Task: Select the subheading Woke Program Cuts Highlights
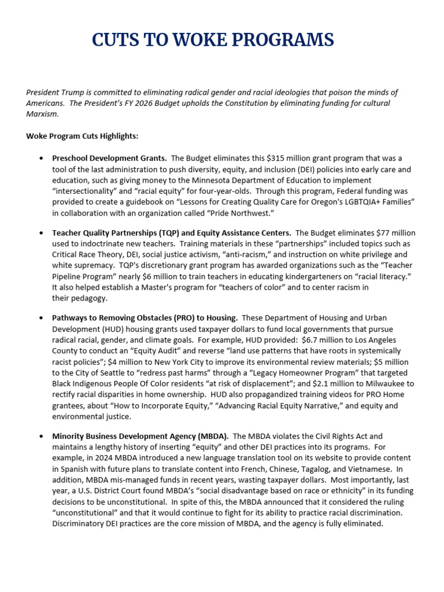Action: pyautogui.click(x=82, y=136)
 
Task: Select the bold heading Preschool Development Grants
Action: pyautogui.click(x=110, y=158)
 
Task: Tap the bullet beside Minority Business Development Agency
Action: pyautogui.click(x=41, y=436)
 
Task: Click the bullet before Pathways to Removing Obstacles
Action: pyautogui.click(x=41, y=319)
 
